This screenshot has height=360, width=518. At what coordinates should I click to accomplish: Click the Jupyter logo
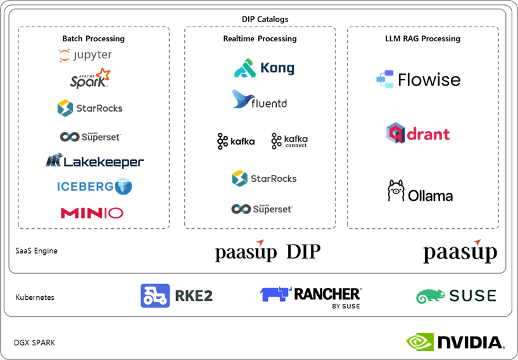coord(85,56)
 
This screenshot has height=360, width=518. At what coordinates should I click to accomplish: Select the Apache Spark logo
coord(90,79)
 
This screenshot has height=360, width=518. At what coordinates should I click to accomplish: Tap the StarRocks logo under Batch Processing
coord(89,108)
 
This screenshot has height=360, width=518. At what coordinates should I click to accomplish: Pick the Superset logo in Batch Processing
coord(89,136)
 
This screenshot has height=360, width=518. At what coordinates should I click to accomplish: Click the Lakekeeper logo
coord(94,161)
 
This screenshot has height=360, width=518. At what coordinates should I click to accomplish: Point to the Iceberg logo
coord(94,186)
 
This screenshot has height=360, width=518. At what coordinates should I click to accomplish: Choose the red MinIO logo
coord(92,213)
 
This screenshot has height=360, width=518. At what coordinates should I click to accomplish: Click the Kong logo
coord(264,68)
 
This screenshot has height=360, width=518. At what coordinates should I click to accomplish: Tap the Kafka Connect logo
coord(289,141)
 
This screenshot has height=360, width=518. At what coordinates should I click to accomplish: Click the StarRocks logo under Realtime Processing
coord(263,178)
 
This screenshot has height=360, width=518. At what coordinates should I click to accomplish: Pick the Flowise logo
coord(418,80)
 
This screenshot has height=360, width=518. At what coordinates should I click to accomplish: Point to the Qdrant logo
coord(418,133)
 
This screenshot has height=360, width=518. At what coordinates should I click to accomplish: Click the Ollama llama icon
coord(396,191)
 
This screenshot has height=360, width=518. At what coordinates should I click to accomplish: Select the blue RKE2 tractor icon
coord(155,295)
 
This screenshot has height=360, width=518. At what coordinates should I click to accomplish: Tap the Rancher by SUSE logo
coord(310,297)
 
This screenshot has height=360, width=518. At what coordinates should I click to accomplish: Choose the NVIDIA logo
coord(455,342)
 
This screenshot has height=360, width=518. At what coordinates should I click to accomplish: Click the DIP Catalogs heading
coord(265,19)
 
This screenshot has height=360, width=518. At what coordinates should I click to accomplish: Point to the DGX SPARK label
coord(35,343)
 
